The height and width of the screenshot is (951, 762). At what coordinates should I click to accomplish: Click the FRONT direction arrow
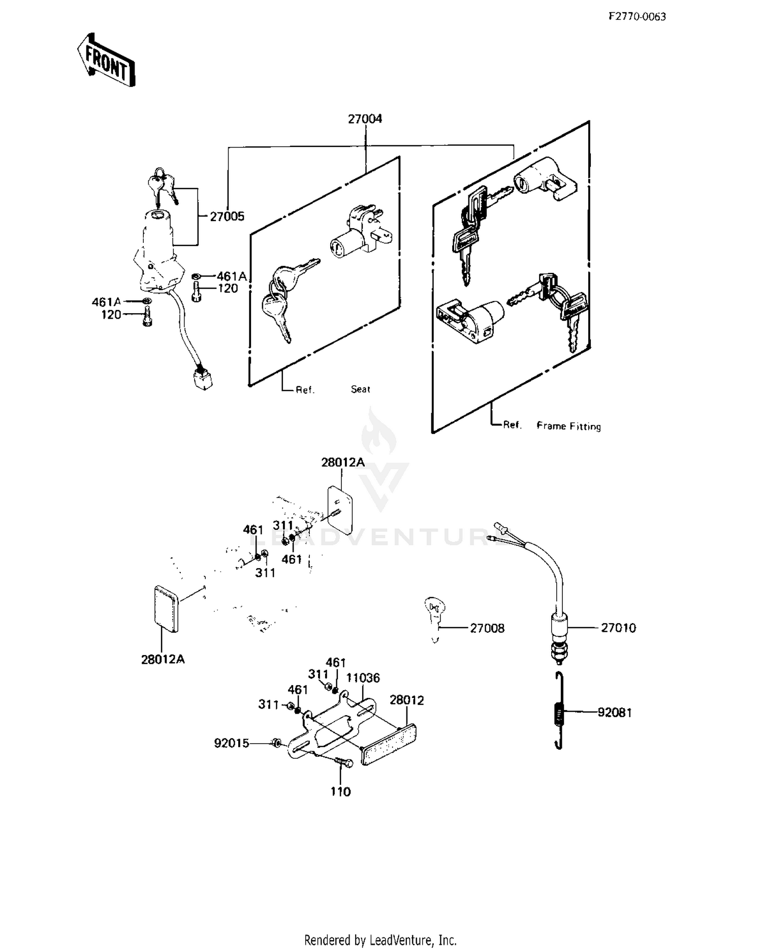[x=106, y=60]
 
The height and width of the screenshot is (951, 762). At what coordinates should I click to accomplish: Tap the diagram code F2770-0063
[x=638, y=16]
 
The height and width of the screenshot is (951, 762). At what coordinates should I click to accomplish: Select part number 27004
[x=365, y=119]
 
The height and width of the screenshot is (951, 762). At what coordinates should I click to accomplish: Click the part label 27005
[x=227, y=217]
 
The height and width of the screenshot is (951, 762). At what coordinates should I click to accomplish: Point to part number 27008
[x=487, y=628]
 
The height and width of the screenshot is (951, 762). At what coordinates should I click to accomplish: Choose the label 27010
[x=618, y=628]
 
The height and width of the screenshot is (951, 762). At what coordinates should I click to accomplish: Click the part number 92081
[x=615, y=713]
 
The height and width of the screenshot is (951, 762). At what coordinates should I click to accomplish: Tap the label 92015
[x=232, y=744]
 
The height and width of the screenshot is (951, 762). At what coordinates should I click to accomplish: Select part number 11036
[x=363, y=678]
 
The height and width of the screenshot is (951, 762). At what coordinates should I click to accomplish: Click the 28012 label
[x=406, y=700]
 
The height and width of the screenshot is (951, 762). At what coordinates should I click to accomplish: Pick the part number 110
[x=340, y=792]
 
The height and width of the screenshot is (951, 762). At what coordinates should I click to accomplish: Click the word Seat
[x=360, y=389]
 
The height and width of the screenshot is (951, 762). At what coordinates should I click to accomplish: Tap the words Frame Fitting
[x=568, y=426]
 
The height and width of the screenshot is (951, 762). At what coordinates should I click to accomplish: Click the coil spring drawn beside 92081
[x=558, y=711]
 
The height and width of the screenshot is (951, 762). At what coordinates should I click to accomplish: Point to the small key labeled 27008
[x=434, y=619]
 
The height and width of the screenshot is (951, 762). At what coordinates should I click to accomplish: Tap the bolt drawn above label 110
[x=344, y=762]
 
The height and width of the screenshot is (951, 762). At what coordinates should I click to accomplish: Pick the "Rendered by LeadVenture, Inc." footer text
[x=380, y=940]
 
